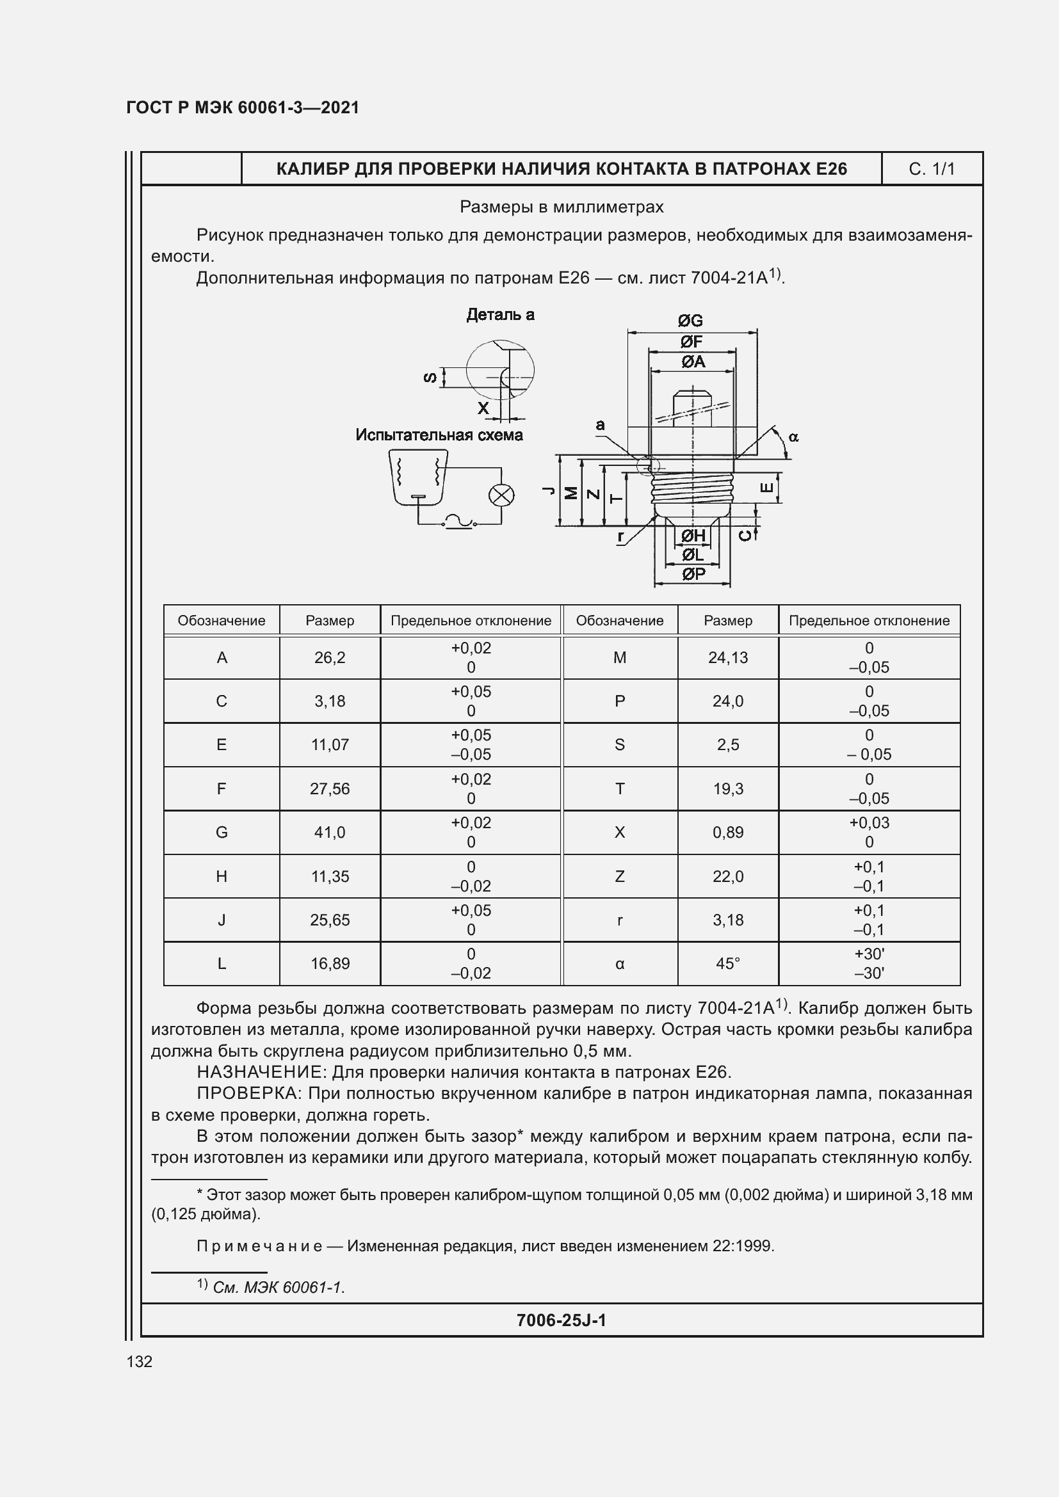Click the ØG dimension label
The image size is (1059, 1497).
(x=690, y=321)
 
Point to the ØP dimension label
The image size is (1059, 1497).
(x=693, y=573)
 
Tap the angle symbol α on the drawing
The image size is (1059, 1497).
(x=793, y=438)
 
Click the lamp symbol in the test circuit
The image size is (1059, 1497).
(x=501, y=495)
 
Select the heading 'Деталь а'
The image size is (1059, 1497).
(x=500, y=315)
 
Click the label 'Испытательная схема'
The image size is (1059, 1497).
(x=439, y=435)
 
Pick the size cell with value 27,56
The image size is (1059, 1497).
(x=330, y=789)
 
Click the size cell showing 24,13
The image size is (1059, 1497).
(x=728, y=658)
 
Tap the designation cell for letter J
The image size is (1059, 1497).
(x=222, y=920)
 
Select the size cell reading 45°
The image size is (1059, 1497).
(x=728, y=964)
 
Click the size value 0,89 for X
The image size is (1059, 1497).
(x=728, y=833)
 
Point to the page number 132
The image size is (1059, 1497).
(x=140, y=1361)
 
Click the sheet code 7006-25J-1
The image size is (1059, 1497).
(x=561, y=1320)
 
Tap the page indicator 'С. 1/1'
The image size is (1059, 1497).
(x=931, y=170)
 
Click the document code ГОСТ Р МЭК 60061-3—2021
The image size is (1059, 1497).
(x=243, y=108)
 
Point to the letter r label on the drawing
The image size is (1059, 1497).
(x=621, y=536)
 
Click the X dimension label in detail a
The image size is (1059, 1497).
(x=483, y=408)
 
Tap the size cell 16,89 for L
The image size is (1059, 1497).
(x=330, y=964)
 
